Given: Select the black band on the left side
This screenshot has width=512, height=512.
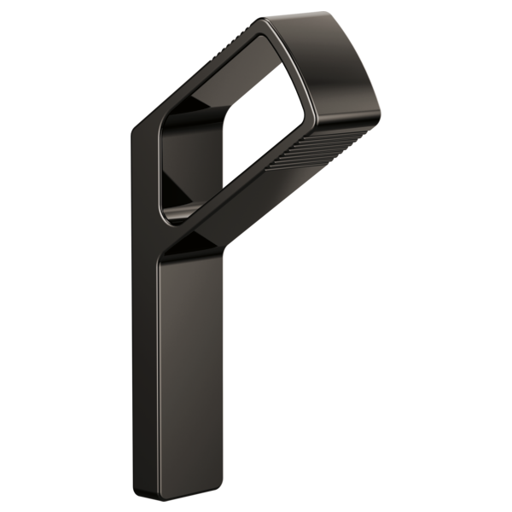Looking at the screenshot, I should click(x=64, y=256).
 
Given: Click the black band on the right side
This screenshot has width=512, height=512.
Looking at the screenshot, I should click(x=448, y=256).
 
